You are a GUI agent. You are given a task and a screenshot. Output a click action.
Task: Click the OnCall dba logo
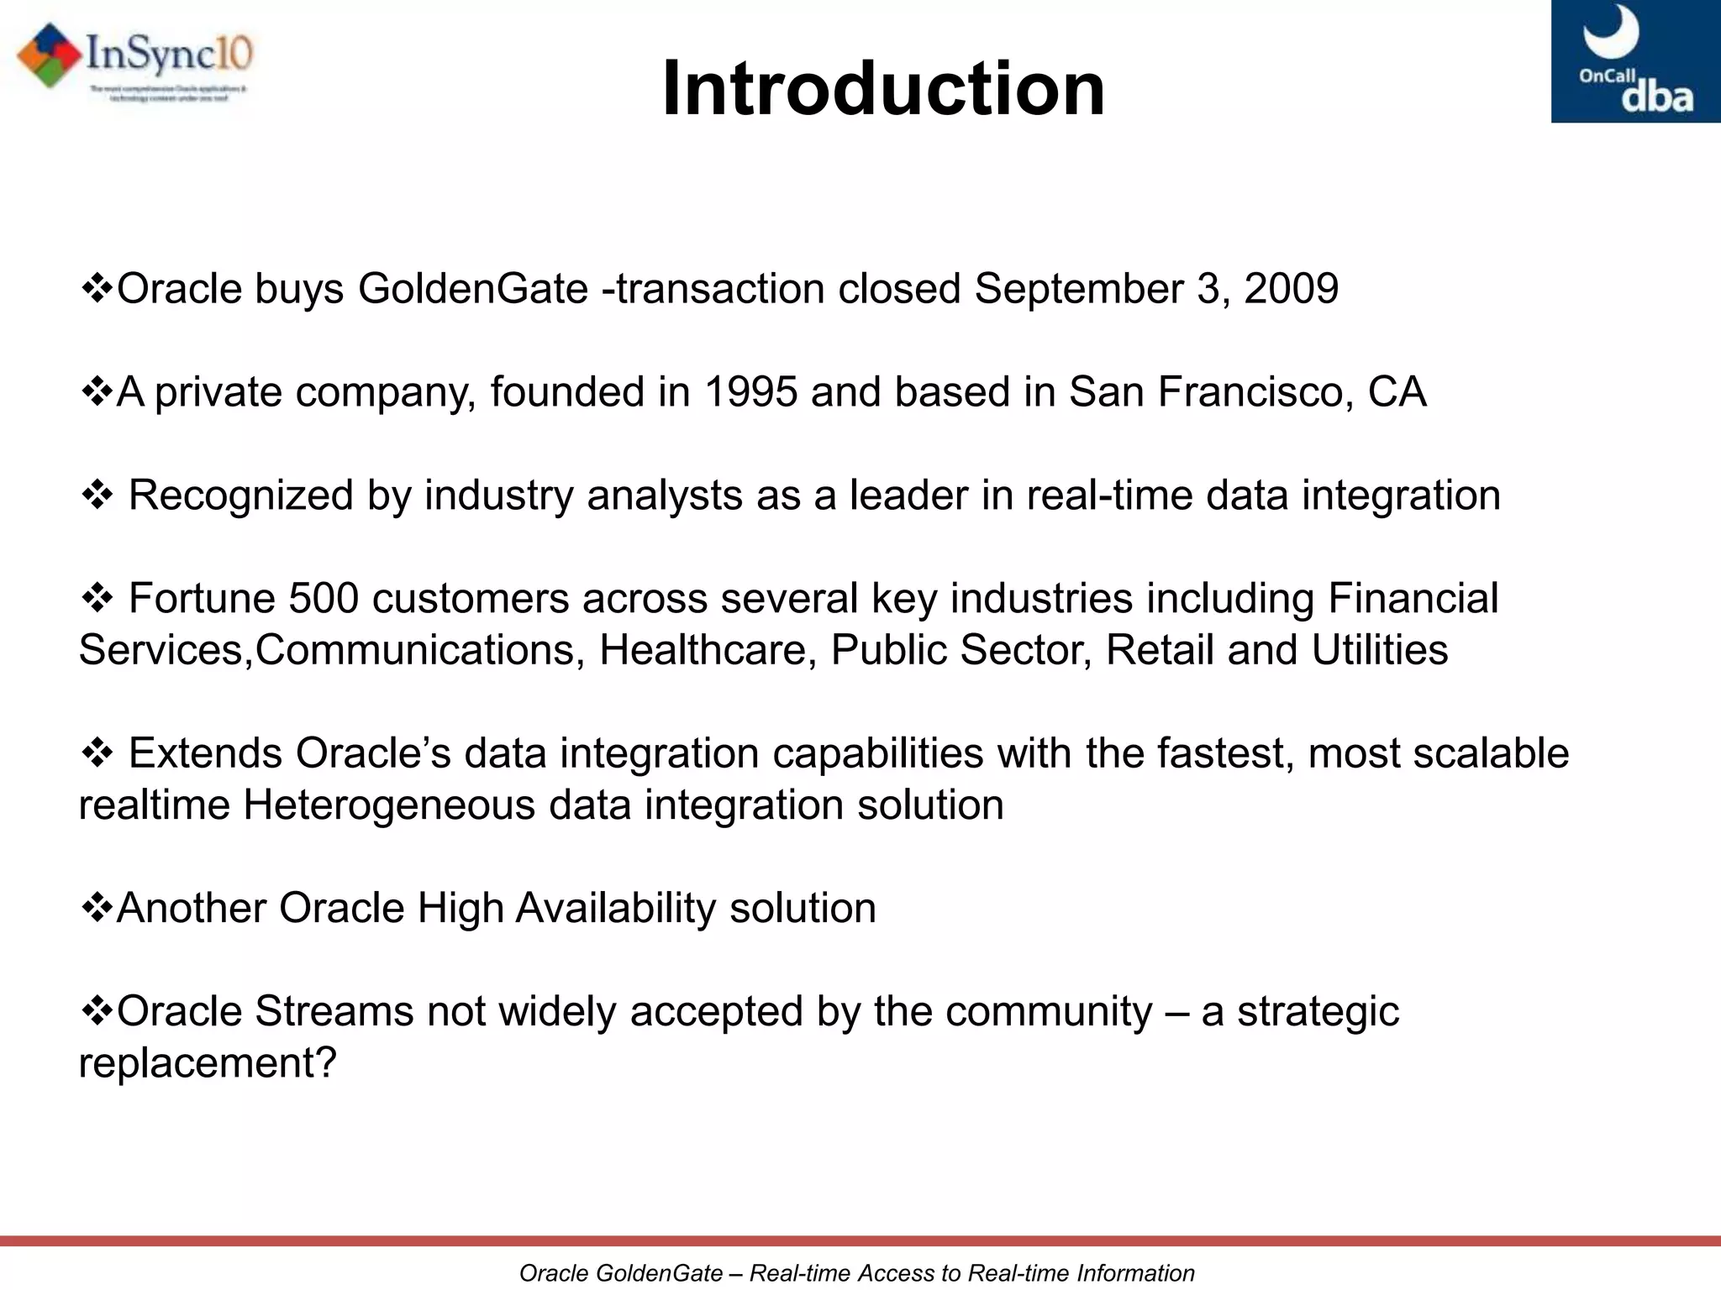click(x=1635, y=61)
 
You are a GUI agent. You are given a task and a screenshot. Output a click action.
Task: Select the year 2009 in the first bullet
click(x=1291, y=289)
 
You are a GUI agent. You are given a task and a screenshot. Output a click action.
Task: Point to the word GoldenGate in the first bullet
click(x=473, y=289)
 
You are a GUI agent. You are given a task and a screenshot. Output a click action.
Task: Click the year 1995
click(x=750, y=392)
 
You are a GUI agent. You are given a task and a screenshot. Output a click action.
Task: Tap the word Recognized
click(x=240, y=496)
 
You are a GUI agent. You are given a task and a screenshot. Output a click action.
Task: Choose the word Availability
click(x=615, y=909)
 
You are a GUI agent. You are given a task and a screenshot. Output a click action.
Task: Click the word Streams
click(x=334, y=1012)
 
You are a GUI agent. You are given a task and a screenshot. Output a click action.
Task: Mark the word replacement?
click(x=208, y=1064)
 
